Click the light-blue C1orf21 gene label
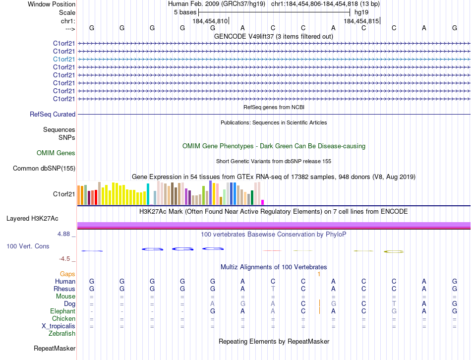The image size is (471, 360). coord(64,59)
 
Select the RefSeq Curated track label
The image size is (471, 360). coord(53,115)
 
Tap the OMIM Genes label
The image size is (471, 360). coord(56,153)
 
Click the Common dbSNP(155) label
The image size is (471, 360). coord(44,169)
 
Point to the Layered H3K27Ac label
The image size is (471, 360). coord(32,218)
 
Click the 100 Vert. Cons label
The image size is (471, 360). coord(28,246)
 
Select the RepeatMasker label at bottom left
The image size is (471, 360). coord(55,349)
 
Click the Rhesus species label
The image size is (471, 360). coord(65,289)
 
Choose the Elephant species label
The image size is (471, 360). coord(63,311)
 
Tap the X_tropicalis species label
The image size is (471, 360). coord(59,326)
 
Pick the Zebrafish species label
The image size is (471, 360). coord(62,334)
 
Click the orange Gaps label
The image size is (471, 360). coord(67,274)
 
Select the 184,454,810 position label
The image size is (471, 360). coord(210,21)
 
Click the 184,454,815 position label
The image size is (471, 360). coord(361,21)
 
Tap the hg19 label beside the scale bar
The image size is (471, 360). coord(361,12)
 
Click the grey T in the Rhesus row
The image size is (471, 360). coord(273,289)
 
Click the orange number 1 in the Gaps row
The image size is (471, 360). coord(319,274)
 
